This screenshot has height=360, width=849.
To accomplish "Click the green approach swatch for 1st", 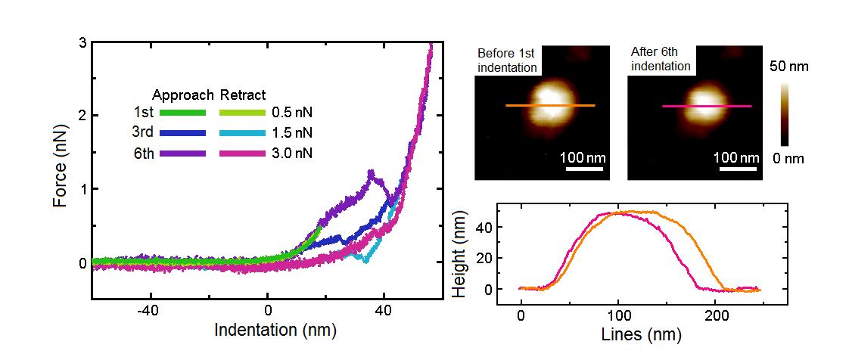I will tap(182, 113).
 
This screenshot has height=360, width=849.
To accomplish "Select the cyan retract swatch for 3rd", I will tap(242, 132).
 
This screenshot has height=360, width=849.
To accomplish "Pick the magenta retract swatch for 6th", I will tap(242, 153).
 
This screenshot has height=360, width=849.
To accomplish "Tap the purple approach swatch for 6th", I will tap(182, 153).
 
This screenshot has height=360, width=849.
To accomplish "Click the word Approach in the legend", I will tap(184, 95).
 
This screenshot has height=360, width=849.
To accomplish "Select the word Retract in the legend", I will tap(243, 95).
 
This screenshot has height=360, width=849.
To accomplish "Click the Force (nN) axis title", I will tap(61, 173).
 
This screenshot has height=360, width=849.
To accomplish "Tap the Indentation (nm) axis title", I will tap(275, 331).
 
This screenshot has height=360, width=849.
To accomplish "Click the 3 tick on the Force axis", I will tap(82, 43).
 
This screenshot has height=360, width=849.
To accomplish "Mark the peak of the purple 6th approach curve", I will tap(371, 172).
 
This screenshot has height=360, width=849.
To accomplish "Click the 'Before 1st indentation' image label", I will tap(507, 61).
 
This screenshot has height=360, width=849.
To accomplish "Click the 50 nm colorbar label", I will tap(789, 67).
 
